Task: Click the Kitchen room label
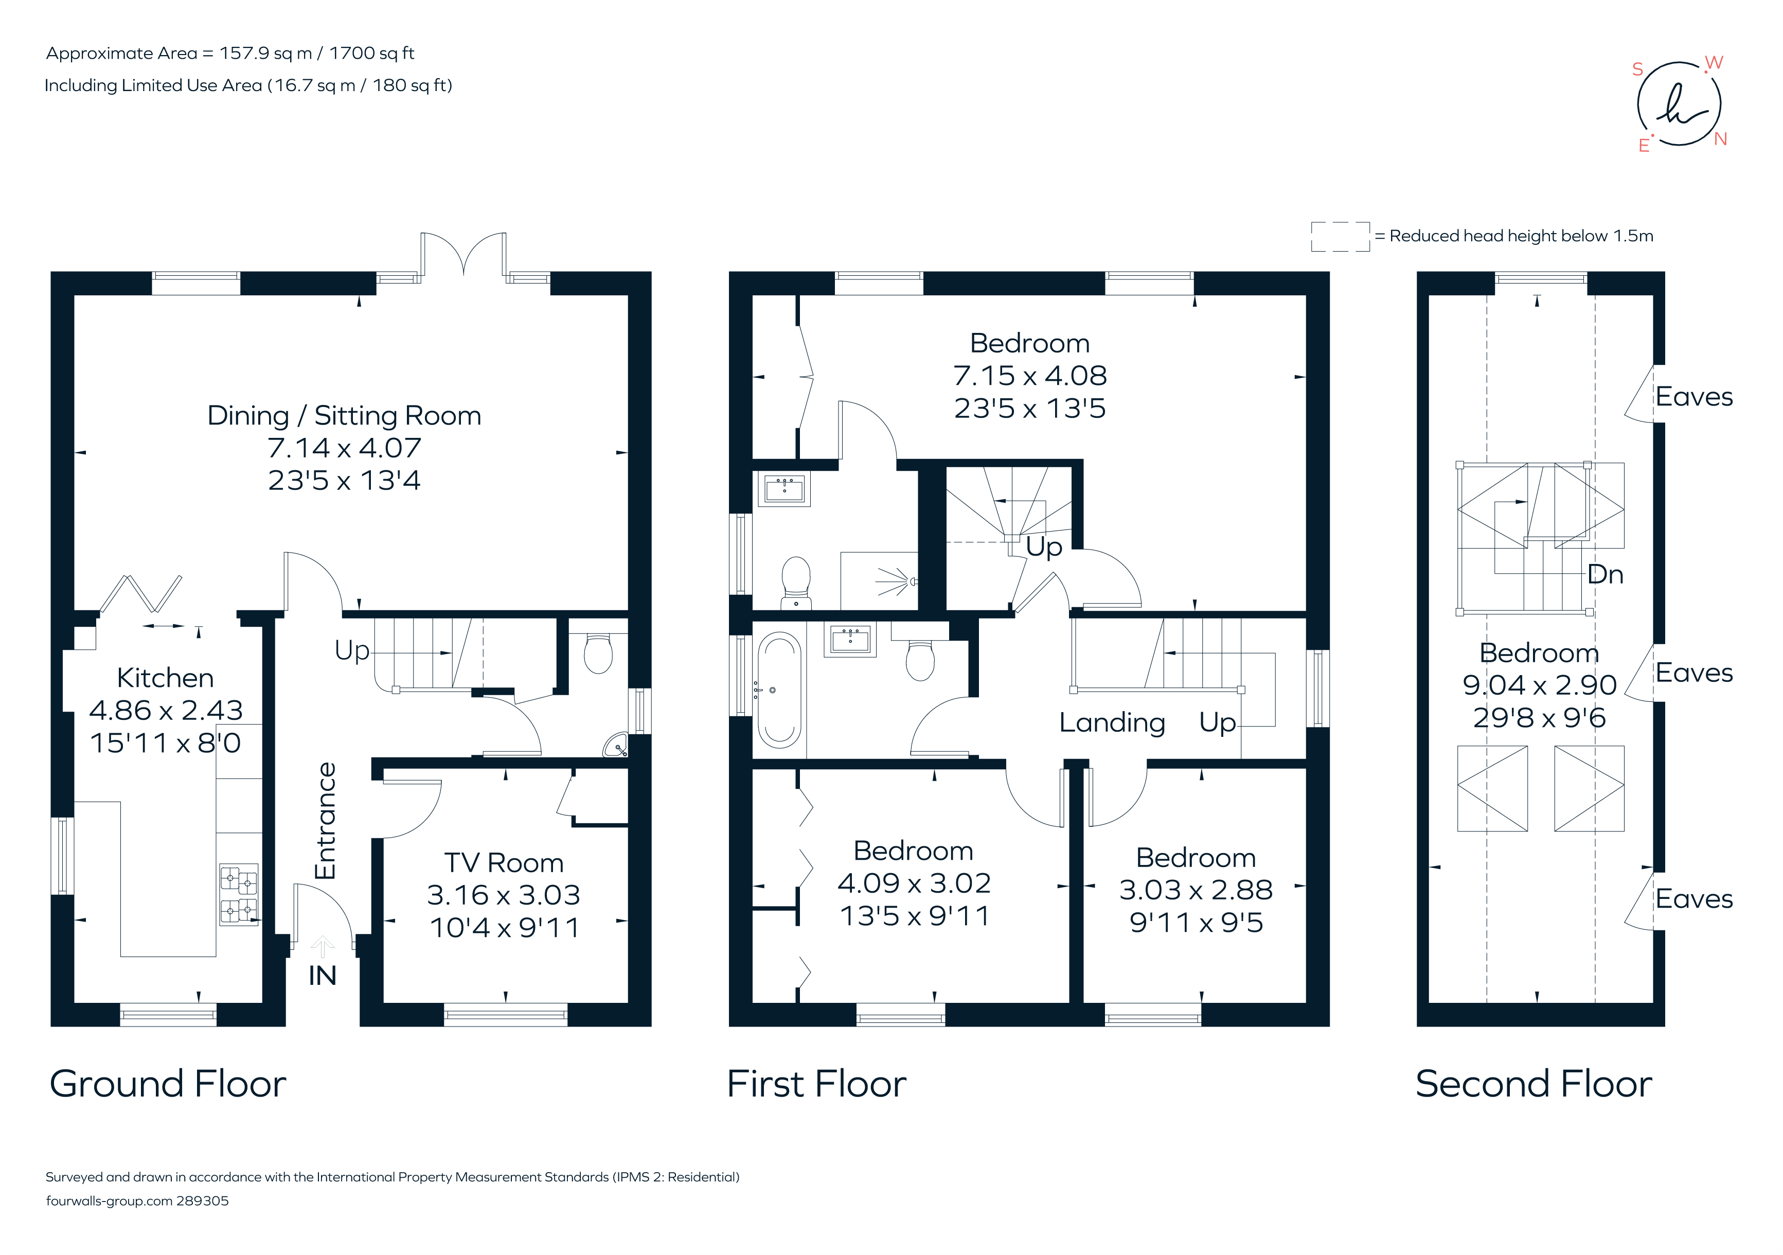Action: pyautogui.click(x=165, y=678)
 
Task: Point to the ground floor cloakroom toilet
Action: pyautogui.click(x=597, y=654)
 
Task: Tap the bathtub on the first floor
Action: pyautogui.click(x=779, y=689)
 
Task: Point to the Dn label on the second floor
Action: pyautogui.click(x=1604, y=575)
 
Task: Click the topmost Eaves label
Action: pyautogui.click(x=1693, y=397)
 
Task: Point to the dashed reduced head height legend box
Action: pyautogui.click(x=1340, y=236)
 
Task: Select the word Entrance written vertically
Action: pyautogui.click(x=325, y=820)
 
